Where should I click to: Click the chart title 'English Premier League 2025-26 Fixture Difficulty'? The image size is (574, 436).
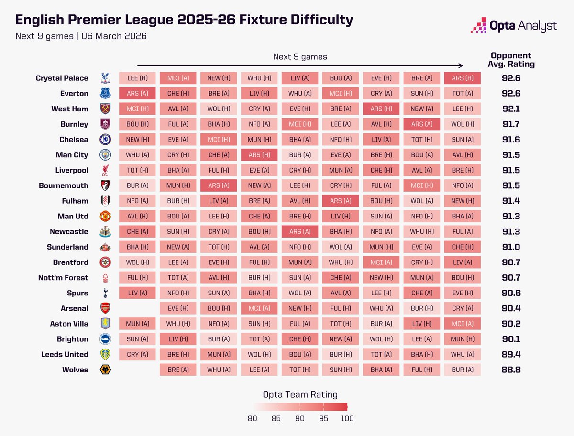point(184,20)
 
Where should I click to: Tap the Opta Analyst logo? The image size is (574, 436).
point(513,25)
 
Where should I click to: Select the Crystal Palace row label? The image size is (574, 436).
point(62,78)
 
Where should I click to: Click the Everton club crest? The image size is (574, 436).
point(105,93)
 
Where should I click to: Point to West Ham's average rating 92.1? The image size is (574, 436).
point(510,109)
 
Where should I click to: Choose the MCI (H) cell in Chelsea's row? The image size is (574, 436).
point(219,140)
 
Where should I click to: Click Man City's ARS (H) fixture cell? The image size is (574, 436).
point(259,155)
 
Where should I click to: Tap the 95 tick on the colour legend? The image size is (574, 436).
point(324,419)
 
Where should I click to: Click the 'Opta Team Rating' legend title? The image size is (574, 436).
point(300,394)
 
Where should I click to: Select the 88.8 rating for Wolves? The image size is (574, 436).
point(510,370)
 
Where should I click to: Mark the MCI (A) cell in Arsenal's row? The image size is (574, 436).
point(259,308)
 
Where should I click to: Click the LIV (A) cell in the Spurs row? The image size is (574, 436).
point(137,293)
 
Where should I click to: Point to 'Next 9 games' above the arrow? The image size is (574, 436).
point(300,57)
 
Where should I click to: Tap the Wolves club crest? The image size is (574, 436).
point(105,370)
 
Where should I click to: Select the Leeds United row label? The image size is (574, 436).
point(64,354)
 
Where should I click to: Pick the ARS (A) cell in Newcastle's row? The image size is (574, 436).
point(299,231)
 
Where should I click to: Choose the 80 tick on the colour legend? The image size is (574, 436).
point(253,419)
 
